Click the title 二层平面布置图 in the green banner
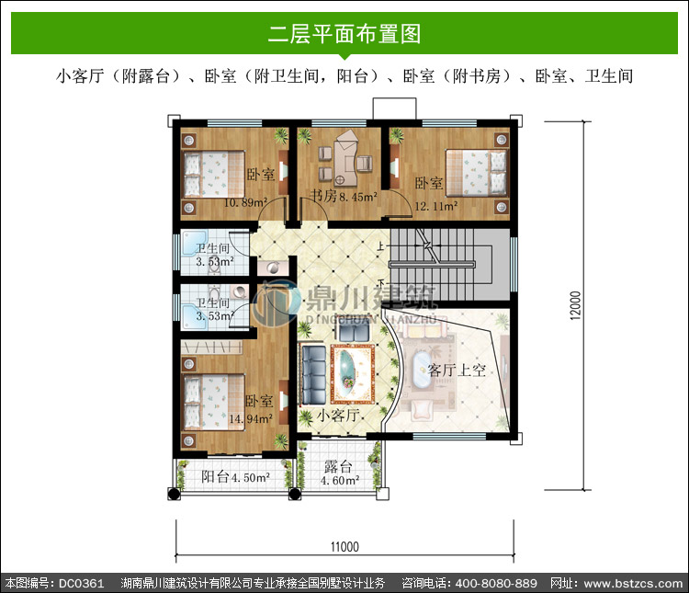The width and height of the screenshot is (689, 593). pos(344,34)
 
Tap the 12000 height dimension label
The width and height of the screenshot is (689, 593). pos(575,305)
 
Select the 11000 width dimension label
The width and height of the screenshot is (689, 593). pos(344,547)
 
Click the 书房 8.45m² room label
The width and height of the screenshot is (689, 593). pos(344,196)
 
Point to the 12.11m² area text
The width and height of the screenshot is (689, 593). pos(436,205)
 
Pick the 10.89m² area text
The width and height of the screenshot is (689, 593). pos(245,202)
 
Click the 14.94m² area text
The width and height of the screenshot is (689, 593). pos(251,418)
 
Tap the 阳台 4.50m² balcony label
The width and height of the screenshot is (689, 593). pos(235,477)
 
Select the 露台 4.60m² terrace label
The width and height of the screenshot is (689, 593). pos(339,473)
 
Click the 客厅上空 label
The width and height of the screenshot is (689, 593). pos(457,370)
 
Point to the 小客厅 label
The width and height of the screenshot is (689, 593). pos(339,415)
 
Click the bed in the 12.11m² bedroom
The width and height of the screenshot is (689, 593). pos(476,173)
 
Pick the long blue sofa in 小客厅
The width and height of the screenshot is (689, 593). pos(314,375)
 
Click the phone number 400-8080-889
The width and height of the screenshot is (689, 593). pos(496,583)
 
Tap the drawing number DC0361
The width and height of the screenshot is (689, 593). pos(81,583)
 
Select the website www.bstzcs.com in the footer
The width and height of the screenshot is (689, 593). pos(633,583)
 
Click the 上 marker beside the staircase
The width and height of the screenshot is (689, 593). pos(380,245)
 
